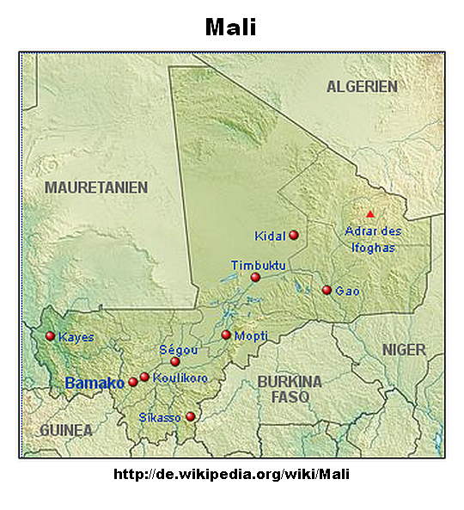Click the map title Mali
[x=231, y=27]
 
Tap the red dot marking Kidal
[x=294, y=235]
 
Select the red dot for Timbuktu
[x=255, y=277]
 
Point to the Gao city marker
[x=327, y=290]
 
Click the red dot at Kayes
[x=50, y=336]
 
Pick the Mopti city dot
[x=226, y=335]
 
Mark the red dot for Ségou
[x=175, y=362]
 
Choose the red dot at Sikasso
[x=191, y=417]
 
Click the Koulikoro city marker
[x=144, y=377]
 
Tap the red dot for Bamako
[x=133, y=382]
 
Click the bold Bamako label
[x=95, y=383]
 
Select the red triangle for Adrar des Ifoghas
[x=370, y=213]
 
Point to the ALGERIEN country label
[x=362, y=87]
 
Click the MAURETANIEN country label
[x=96, y=187]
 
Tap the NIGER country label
[x=404, y=349]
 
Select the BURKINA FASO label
[x=290, y=389]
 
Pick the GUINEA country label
[x=65, y=429]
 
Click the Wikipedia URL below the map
[x=232, y=474]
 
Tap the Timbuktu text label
[x=259, y=265]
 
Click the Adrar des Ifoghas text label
[x=373, y=238]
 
